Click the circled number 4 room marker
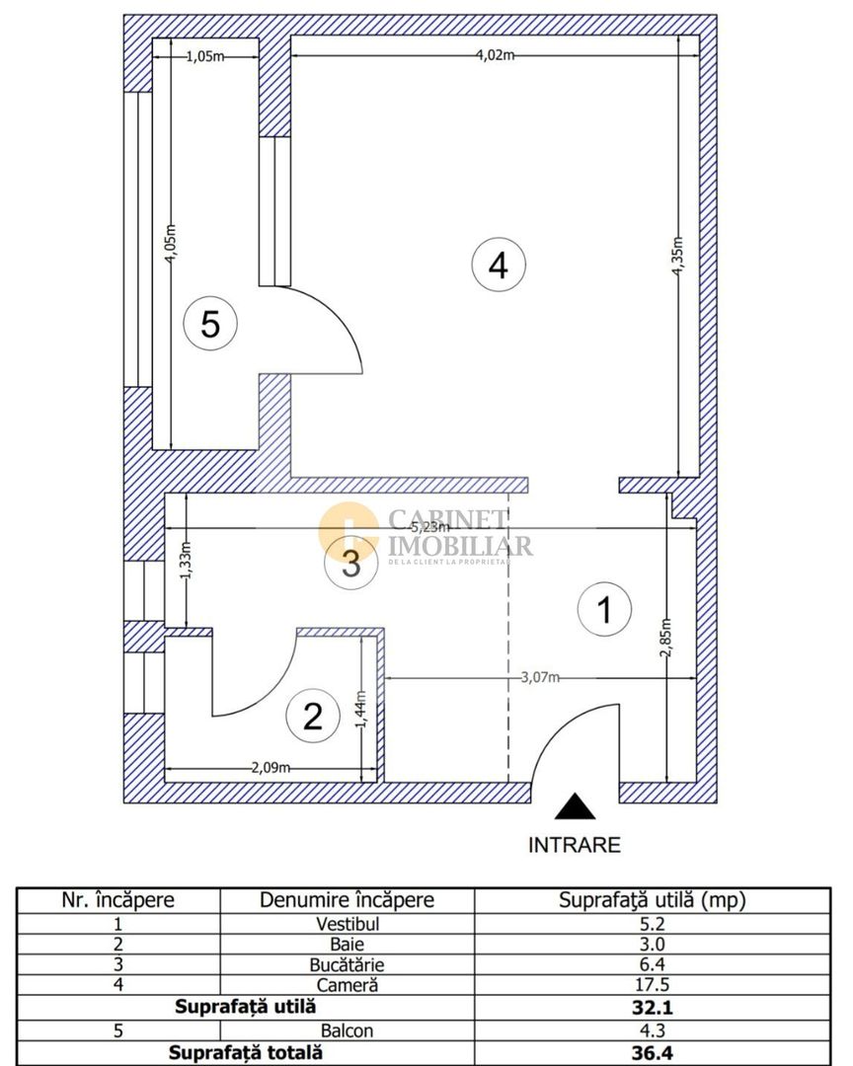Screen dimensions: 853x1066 coord(499,264)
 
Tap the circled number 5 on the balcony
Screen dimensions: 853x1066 coord(211,323)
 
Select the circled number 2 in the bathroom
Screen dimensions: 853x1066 coord(313,716)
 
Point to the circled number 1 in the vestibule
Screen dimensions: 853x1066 coord(604,609)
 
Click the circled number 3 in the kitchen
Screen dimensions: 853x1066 coord(351,564)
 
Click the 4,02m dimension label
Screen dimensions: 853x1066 coord(496,55)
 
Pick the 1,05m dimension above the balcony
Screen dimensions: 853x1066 coord(205,56)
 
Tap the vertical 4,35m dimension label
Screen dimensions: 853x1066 coord(677,257)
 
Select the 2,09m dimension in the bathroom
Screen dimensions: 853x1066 coord(271,768)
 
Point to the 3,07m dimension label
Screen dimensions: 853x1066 coord(540,677)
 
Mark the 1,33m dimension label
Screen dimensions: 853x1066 coord(187,560)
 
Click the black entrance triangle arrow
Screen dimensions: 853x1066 coord(575,806)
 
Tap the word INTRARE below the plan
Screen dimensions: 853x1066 coord(575,845)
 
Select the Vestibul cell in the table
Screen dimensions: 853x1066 coord(348,924)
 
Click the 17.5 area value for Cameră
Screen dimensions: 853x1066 coord(653,984)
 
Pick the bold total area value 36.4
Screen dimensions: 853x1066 coord(653,1052)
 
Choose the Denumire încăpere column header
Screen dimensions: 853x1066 coord(347,900)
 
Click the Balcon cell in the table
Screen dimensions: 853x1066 coord(347,1030)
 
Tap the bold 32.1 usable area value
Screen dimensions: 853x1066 coord(653,1007)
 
